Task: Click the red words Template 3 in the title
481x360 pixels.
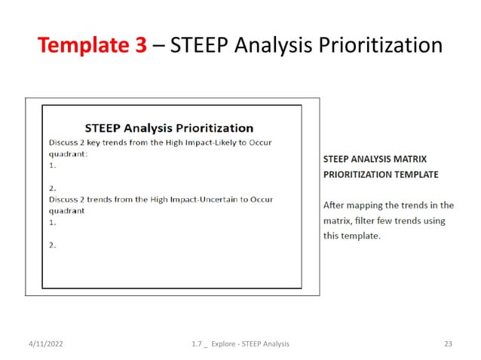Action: [92, 46]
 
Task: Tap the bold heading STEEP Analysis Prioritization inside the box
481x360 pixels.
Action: [169, 127]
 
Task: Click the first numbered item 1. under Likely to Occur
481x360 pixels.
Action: [53, 164]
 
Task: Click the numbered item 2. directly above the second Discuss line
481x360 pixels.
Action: [53, 188]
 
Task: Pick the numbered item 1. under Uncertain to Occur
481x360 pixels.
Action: [53, 223]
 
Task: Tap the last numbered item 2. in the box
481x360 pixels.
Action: [53, 246]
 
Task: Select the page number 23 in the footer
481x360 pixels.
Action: [448, 344]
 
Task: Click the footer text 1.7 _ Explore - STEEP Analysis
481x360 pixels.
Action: [240, 344]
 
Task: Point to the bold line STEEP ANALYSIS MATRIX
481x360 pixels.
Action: [375, 160]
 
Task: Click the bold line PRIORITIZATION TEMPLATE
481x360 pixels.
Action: [380, 175]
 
